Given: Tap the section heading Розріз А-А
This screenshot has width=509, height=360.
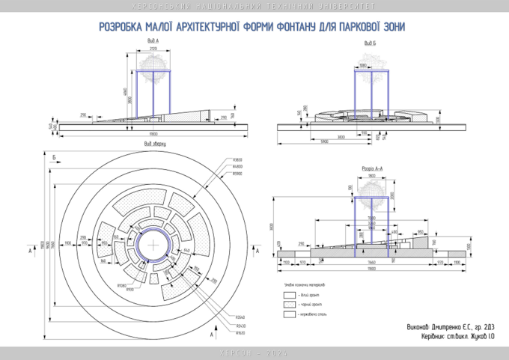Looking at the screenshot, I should [372, 169].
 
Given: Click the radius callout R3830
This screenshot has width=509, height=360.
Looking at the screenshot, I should [237, 159].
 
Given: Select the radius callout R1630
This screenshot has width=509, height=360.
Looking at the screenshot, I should [240, 333].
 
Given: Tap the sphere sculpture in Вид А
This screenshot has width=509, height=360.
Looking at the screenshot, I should [153, 67].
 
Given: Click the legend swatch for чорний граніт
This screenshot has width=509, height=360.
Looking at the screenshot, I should [289, 305].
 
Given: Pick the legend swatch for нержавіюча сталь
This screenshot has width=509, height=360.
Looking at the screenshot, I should [289, 315].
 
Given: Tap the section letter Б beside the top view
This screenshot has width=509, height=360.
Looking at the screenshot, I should [55, 156].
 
